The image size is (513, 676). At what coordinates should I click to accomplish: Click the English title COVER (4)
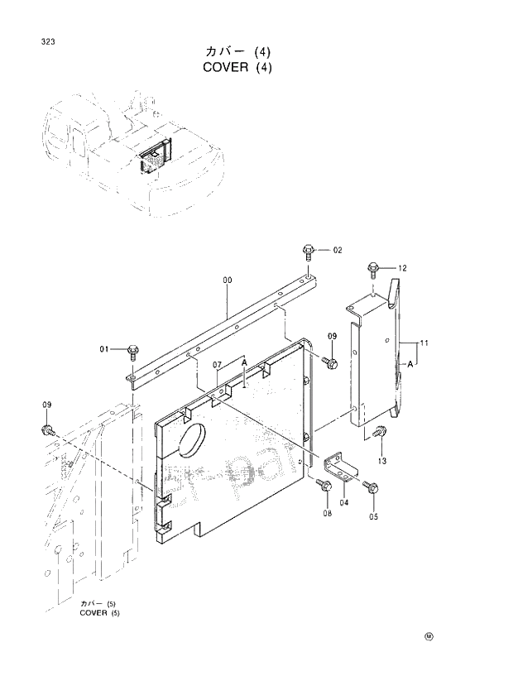coord(236,67)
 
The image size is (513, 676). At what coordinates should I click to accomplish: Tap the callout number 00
coord(227,280)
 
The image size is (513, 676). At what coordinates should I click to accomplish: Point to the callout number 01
coord(104,349)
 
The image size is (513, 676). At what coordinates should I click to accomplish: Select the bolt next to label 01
coord(132,351)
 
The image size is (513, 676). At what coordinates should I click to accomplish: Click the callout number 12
coord(402,268)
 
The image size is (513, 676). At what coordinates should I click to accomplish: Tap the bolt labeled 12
coord(372,268)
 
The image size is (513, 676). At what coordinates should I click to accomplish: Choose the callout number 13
coord(382,460)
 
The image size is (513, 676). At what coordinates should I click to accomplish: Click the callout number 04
coord(344,501)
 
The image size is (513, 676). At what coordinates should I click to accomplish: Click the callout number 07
coord(217,364)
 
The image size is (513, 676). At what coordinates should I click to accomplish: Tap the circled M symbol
coord(429,636)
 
